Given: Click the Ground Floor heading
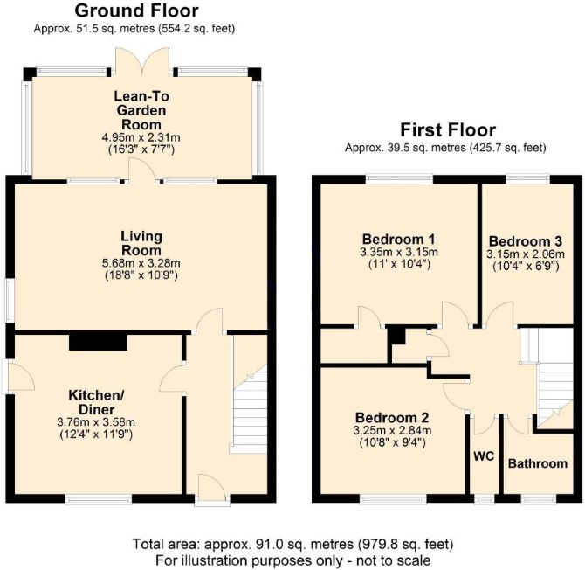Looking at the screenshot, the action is (136, 10).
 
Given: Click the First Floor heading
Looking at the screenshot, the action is (448, 130).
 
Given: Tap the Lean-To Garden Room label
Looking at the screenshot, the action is (141, 110).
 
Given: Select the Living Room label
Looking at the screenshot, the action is (141, 243).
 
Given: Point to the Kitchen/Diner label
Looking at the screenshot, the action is (96, 402).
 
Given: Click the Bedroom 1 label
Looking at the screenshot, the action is (399, 239).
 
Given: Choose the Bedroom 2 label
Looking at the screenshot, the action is (392, 417).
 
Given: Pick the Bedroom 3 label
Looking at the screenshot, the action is (526, 241).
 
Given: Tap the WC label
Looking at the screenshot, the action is (484, 456).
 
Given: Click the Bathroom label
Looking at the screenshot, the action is (538, 463).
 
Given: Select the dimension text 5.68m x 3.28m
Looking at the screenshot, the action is (141, 263).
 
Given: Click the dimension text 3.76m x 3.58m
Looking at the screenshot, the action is (96, 422).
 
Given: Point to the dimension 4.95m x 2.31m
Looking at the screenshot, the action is (141, 137).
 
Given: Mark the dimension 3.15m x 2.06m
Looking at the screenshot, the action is (526, 254).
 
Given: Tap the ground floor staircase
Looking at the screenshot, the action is (249, 409).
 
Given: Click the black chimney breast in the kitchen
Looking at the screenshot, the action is (98, 342).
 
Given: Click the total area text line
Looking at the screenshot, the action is (292, 544).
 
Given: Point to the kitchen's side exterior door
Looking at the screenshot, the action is (18, 377).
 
